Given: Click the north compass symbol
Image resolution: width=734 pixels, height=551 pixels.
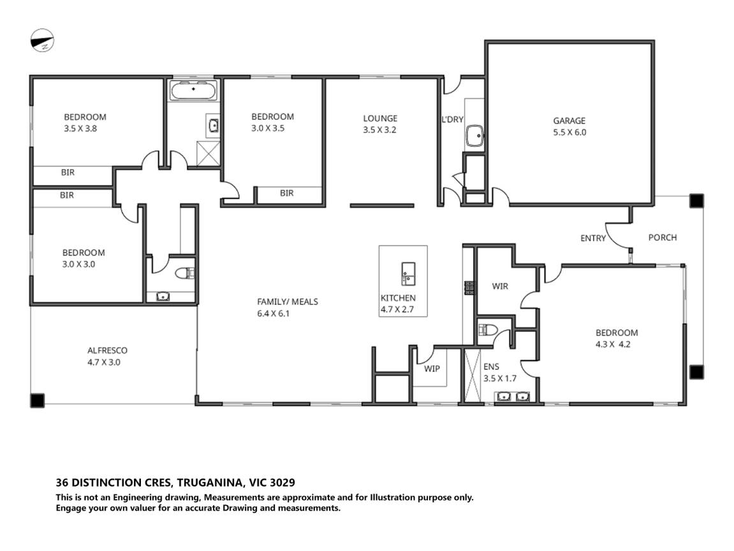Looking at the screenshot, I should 43,42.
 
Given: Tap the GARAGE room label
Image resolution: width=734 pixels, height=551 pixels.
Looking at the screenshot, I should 569,121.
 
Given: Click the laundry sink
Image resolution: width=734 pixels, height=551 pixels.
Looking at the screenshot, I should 474,136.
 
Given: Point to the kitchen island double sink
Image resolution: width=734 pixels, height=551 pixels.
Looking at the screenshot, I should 407,273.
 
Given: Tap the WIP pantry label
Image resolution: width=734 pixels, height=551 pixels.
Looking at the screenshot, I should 432,369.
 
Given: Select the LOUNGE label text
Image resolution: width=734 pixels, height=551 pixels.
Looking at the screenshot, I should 380,118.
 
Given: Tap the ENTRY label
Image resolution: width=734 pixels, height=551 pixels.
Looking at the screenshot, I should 593,239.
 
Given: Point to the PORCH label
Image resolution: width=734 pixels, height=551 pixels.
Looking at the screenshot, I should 662,237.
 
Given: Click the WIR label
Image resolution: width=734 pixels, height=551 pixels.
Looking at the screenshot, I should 500,286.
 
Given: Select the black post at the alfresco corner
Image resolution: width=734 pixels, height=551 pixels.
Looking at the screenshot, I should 38,400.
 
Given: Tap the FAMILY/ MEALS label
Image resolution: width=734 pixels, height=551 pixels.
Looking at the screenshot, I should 287,302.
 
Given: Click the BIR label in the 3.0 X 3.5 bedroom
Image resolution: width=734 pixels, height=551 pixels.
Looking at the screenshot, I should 287,193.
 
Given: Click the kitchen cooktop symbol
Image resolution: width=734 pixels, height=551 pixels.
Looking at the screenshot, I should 469,288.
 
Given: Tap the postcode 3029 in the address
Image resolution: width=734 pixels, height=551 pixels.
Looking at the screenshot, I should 282,483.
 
